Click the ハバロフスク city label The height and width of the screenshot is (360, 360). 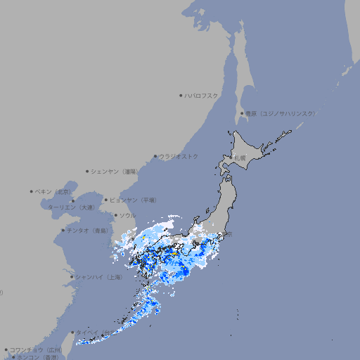click(x=202, y=95)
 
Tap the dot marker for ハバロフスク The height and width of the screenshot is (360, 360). click(x=181, y=95)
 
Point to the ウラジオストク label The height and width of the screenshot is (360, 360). click(x=179, y=156)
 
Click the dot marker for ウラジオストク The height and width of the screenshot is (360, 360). click(x=155, y=156)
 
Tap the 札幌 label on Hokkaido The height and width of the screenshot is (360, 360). click(x=240, y=158)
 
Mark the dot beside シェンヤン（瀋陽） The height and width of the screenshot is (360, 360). click(x=87, y=171)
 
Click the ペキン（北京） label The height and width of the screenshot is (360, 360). click(x=54, y=191)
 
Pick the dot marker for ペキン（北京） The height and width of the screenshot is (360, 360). click(x=32, y=191)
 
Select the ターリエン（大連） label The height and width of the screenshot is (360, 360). click(x=71, y=207)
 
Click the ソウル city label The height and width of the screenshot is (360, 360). click(x=127, y=215)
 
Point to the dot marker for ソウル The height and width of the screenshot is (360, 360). click(x=115, y=215)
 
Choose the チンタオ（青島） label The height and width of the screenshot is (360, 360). click(x=88, y=230)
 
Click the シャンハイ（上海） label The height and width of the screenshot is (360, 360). click(x=98, y=277)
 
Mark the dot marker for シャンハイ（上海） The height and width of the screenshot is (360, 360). click(x=72, y=277)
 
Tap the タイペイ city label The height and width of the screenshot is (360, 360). click(x=88, y=333)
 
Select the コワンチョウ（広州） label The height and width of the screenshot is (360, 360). click(x=36, y=349)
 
